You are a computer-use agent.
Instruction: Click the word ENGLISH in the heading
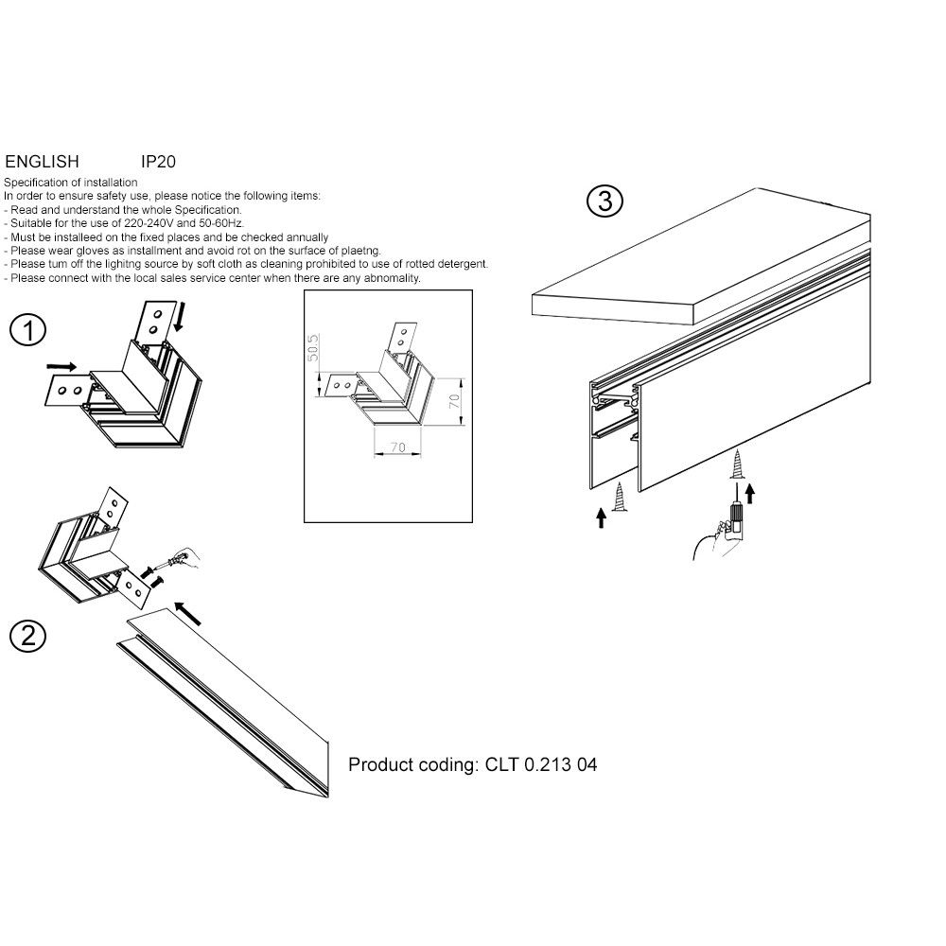[42, 162]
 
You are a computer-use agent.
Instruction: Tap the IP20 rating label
[158, 162]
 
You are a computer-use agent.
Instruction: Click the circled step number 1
[27, 330]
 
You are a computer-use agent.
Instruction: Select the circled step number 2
[27, 636]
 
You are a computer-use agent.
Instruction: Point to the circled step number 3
[604, 201]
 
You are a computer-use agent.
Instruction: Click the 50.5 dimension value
[312, 348]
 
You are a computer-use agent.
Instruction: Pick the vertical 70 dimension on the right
[454, 401]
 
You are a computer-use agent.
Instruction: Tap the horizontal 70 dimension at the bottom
[397, 447]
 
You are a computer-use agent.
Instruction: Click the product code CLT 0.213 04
[541, 764]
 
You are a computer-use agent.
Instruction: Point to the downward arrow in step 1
[179, 317]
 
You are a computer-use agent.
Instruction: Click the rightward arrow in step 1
[62, 366]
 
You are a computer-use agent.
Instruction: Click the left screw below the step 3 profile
[620, 498]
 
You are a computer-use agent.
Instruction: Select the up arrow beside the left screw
[601, 517]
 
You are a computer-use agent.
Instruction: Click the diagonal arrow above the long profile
[187, 614]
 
